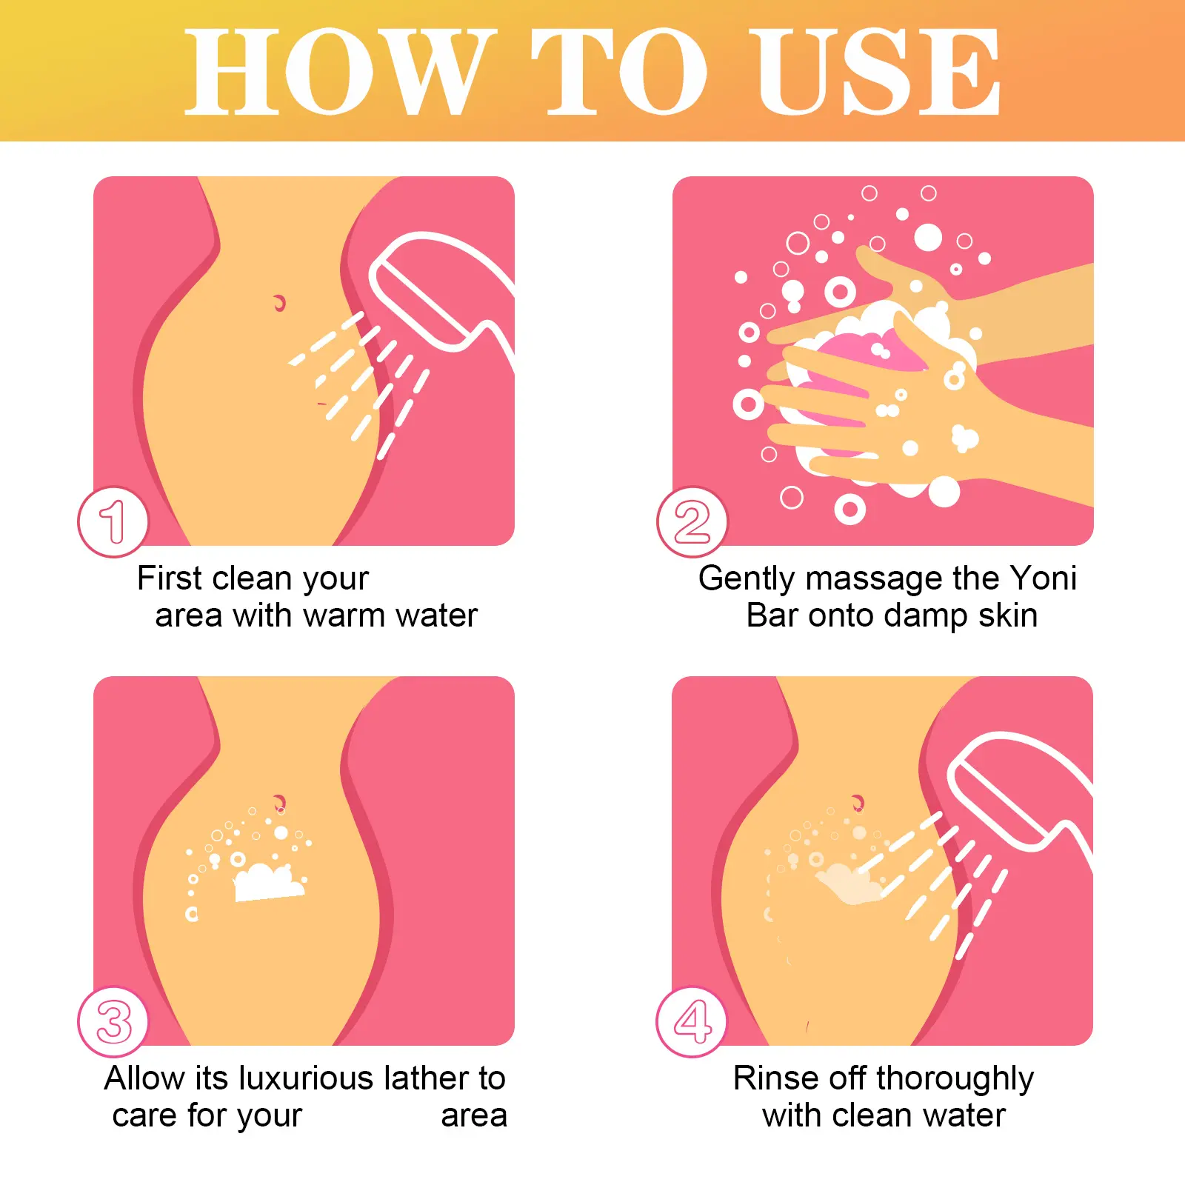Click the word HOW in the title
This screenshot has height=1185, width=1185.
pos(336,72)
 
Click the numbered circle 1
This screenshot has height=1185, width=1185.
pos(113,521)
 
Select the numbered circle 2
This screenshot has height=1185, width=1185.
pos(692,521)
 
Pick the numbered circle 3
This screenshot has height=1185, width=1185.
pos(113,1021)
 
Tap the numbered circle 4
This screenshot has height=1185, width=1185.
pos(692,1021)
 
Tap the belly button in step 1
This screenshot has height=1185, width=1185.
pos(279,302)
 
